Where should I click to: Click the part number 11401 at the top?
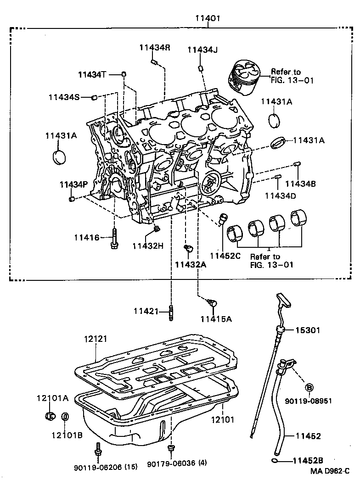pos(208,19)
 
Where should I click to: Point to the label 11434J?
pos(202,50)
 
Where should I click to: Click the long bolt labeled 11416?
pos(114,237)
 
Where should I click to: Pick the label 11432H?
pos(148,246)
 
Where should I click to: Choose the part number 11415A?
pos(216,318)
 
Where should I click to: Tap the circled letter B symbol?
pos(309,387)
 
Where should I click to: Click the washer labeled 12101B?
pos(65,417)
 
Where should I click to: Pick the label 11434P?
pos(73,184)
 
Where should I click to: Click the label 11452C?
pos(225,256)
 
